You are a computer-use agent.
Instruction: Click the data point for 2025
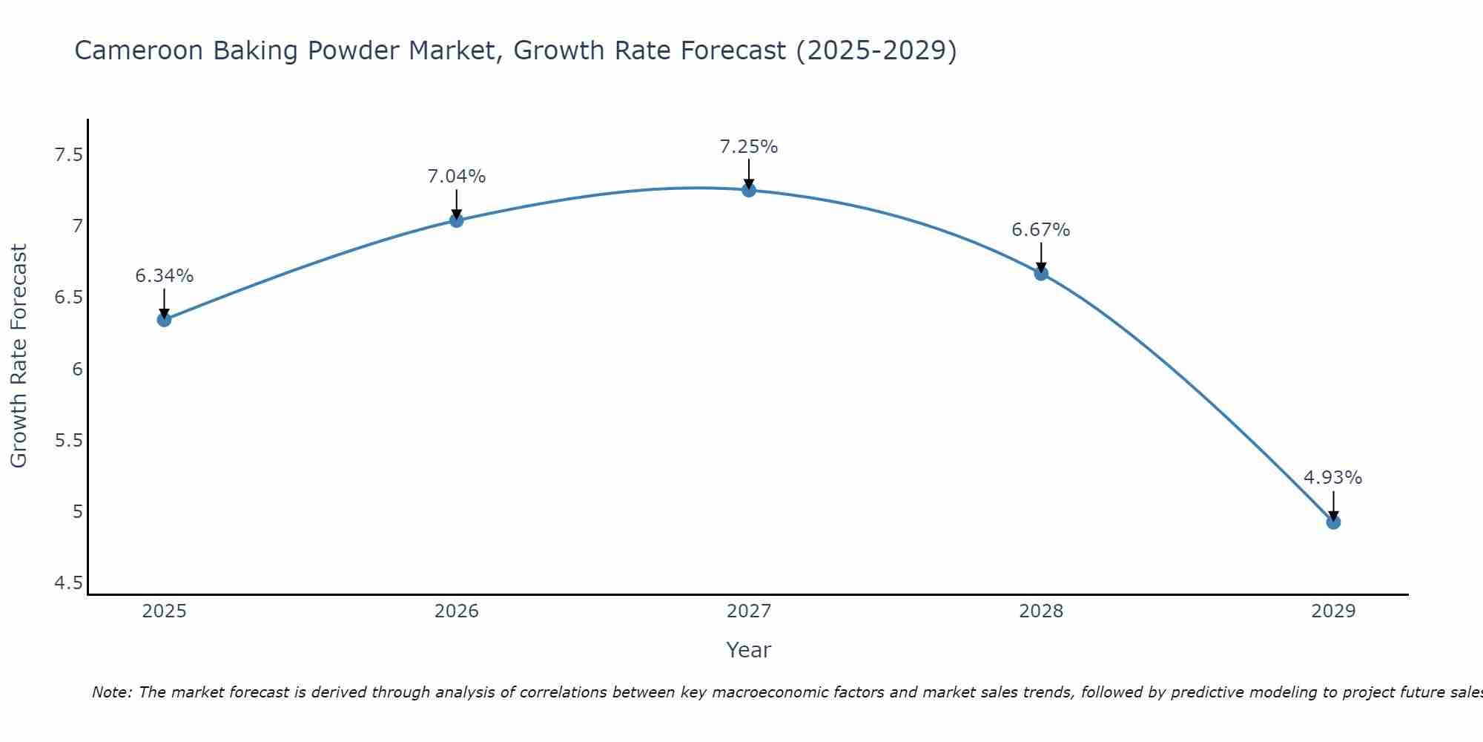click(164, 320)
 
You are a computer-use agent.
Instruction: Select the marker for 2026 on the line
click(456, 220)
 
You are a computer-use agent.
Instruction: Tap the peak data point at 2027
click(749, 190)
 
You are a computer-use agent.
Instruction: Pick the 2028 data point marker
click(1041, 273)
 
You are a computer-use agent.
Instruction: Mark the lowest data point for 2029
click(1333, 522)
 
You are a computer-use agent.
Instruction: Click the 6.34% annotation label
click(164, 276)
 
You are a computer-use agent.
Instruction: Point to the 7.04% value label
click(456, 177)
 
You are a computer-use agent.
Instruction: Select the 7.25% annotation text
click(749, 147)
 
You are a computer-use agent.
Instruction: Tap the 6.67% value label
click(1041, 230)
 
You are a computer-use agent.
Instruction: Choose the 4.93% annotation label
click(1333, 478)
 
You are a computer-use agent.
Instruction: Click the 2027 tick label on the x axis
click(749, 611)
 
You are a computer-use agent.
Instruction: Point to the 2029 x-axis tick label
click(1333, 611)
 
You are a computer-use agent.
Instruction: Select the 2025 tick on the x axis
click(164, 611)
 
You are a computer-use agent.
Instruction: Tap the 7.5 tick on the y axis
click(68, 155)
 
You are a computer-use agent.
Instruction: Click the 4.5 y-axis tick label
click(68, 583)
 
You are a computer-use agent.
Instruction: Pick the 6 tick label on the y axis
click(77, 370)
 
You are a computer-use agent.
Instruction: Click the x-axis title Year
click(749, 650)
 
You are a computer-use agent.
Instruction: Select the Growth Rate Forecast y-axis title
click(19, 356)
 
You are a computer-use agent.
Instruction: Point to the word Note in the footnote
click(111, 692)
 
